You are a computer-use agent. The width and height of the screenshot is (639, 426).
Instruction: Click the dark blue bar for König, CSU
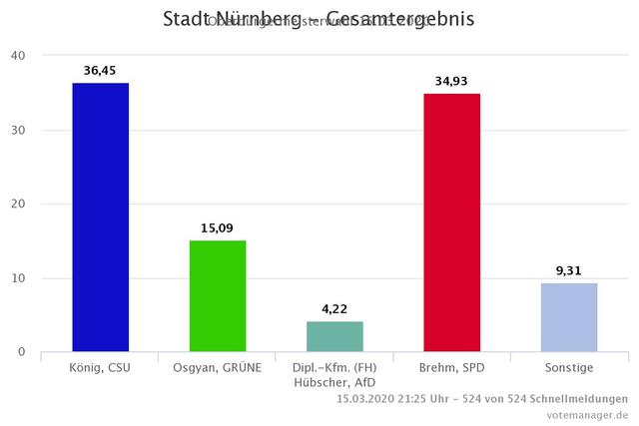click(100, 216)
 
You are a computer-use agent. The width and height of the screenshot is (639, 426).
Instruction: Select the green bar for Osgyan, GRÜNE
click(218, 295)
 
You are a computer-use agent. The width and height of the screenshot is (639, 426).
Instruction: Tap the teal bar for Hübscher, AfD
click(334, 336)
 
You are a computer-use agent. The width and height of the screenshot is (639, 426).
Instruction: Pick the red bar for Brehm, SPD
click(451, 222)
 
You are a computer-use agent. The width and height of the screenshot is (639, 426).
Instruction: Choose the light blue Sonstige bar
click(569, 317)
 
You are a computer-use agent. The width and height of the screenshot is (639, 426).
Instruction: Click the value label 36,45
click(100, 71)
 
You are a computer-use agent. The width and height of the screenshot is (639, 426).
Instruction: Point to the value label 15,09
click(218, 228)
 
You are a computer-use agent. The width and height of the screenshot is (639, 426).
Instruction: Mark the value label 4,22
click(334, 308)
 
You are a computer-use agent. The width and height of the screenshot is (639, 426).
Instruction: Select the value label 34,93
click(451, 82)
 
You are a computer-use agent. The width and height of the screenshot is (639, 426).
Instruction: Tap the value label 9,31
click(569, 270)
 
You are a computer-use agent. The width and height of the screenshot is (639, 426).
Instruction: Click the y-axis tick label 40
click(19, 56)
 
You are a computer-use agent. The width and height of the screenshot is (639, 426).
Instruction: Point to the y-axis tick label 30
click(19, 130)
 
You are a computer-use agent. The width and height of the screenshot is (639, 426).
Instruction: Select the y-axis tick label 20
click(19, 204)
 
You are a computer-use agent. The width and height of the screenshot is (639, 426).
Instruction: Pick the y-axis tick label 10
click(19, 277)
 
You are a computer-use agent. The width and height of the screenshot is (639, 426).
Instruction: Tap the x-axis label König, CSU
click(100, 367)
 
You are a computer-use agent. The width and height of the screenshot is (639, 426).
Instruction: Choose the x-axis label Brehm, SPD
click(451, 367)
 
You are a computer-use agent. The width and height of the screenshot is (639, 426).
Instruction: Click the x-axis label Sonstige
click(569, 367)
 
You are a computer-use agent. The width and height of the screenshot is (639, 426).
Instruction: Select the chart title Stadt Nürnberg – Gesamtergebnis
click(319, 19)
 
